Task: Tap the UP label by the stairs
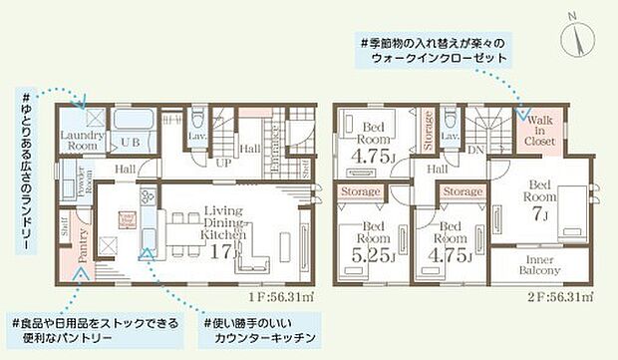(224, 161)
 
